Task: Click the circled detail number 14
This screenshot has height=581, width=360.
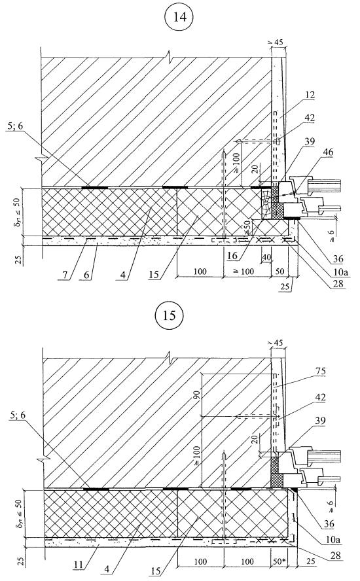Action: coord(180,18)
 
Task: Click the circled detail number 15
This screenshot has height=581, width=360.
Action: coord(169,316)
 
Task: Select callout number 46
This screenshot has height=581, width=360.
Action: coord(328,152)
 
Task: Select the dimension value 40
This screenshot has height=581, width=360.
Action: coord(266,256)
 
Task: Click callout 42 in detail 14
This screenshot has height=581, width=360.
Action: coord(310,118)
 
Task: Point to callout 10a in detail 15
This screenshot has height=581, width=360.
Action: coord(333,539)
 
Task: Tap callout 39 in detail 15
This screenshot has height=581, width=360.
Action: coord(320,421)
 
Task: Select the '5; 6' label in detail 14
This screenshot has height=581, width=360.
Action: coord(15,126)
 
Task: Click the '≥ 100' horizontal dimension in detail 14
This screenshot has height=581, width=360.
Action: coord(243,272)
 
